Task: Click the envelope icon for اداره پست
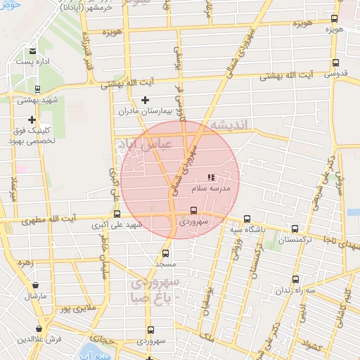coord(33,51)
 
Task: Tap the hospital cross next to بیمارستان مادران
coord(146,101)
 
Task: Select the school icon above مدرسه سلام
coord(211,177)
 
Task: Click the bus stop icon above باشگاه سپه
coord(246,219)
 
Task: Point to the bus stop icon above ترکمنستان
coord(295,229)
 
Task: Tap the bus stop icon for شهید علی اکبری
coord(117,214)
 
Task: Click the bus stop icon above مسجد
coord(167,253)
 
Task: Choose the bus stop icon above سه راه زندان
coord(295,279)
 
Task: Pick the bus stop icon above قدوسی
coord(334,62)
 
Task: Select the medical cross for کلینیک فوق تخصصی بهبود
coord(32,120)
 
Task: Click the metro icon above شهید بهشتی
coord(37,89)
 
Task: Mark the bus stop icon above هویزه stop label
coord(334,19)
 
